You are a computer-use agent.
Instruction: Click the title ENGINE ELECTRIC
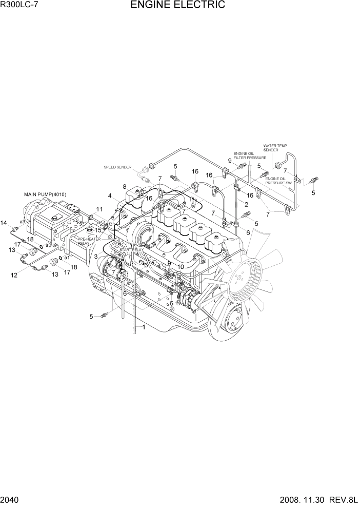click(x=177, y=6)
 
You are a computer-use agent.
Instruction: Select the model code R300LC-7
click(x=19, y=5)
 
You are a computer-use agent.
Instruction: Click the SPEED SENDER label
click(x=118, y=167)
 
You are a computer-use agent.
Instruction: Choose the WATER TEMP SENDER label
click(x=271, y=148)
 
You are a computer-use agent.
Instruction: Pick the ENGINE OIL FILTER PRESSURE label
click(x=250, y=155)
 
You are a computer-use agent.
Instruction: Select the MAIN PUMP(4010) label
click(x=45, y=194)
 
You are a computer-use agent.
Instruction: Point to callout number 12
click(x=14, y=275)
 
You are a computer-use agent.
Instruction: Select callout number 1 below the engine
click(x=144, y=327)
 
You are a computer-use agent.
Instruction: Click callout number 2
click(x=246, y=204)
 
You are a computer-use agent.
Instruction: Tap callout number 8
click(x=124, y=186)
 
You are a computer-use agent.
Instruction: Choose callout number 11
click(x=99, y=209)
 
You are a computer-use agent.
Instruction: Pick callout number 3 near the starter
click(x=95, y=256)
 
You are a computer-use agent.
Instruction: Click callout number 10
click(x=181, y=266)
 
